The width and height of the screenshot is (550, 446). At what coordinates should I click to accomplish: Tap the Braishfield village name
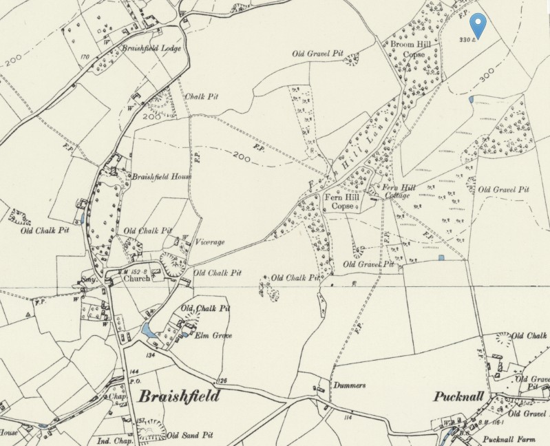(x=179, y=396)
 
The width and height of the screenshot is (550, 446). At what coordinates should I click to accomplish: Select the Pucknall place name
(x=461, y=396)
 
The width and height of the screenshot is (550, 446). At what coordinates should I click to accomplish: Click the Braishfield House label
(x=161, y=176)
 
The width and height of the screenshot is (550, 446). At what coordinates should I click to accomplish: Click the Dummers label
(x=350, y=386)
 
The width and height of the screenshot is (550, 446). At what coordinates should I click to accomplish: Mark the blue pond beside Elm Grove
(x=147, y=331)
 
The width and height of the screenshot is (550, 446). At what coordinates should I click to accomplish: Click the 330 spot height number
(x=465, y=40)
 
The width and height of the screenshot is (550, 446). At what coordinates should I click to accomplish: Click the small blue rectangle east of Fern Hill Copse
(x=441, y=257)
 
